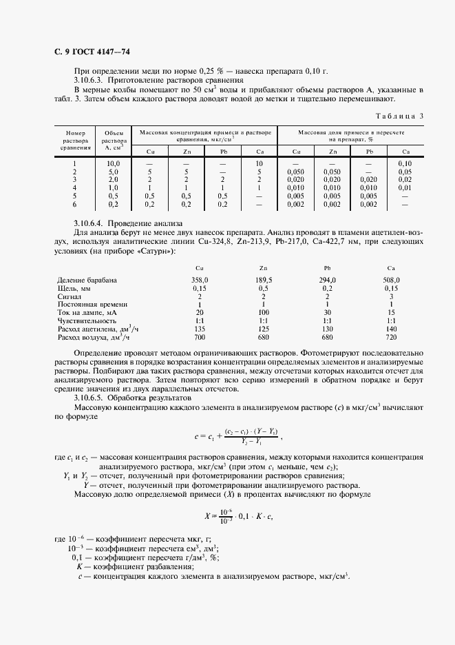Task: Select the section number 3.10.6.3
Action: click(x=90, y=80)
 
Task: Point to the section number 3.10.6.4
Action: click(x=90, y=223)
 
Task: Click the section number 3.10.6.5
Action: click(x=90, y=398)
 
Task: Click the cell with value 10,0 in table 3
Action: click(x=113, y=163)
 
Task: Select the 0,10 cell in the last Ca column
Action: click(x=405, y=163)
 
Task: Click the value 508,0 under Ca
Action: click(x=391, y=280)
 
